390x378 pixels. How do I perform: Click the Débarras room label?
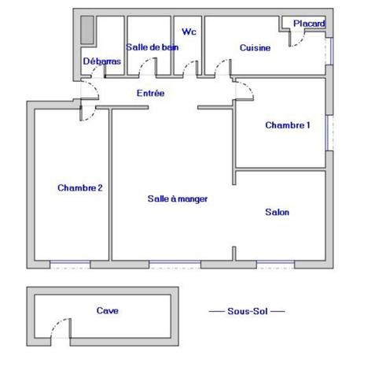101,61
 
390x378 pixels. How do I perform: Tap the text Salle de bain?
152,47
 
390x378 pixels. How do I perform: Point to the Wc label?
189,32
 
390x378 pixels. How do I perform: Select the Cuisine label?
255,47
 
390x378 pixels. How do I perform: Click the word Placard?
309,24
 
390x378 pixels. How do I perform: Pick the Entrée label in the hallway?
150,94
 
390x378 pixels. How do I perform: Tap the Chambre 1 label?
288,125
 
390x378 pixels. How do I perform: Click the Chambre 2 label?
80,187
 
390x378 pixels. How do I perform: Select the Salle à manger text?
178,199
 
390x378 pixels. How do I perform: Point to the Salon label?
277,212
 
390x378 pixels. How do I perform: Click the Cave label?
108,311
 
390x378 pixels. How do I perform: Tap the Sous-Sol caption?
246,312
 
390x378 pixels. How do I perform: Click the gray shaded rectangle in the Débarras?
87,31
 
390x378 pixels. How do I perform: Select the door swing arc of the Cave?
57,331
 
